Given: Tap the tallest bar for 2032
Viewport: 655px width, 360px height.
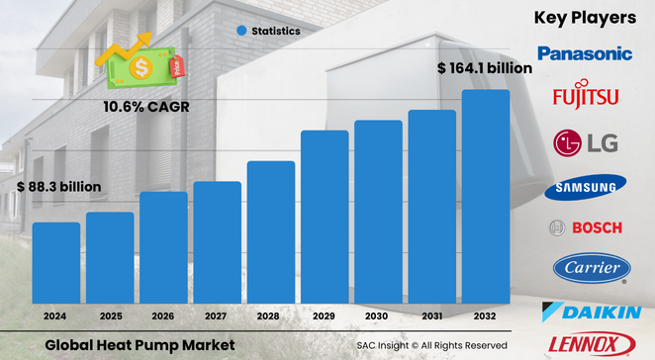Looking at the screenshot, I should point(486,195).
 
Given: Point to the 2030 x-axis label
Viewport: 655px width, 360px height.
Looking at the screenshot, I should point(378,315).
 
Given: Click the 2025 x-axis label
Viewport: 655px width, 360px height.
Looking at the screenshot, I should point(110,315).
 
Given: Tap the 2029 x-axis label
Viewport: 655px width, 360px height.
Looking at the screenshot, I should point(325,315).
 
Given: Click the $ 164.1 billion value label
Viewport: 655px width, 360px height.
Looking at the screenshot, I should point(485,68).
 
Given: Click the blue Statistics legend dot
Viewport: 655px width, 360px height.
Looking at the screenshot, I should point(240,31).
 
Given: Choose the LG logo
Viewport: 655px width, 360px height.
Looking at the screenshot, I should point(586,143).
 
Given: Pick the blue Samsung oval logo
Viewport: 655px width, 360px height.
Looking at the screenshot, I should point(585,187).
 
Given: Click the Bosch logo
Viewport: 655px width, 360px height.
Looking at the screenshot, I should point(585,227).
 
